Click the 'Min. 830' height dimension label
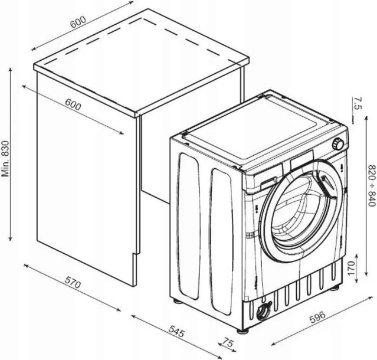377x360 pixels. pyautogui.click(x=5, y=159)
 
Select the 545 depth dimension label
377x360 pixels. pyautogui.click(x=177, y=331)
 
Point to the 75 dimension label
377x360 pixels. pyautogui.click(x=228, y=343)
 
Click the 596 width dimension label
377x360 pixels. pyautogui.click(x=317, y=317)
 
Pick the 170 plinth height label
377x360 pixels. pyautogui.click(x=351, y=268)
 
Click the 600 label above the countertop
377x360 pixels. pyautogui.click(x=78, y=22)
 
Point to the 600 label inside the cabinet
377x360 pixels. pyautogui.click(x=73, y=105)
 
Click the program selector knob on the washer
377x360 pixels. pyautogui.click(x=337, y=144)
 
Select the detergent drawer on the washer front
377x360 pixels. pyautogui.click(x=268, y=184)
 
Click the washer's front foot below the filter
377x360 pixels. pyautogui.click(x=242, y=331)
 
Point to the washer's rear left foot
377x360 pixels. pyautogui.click(x=178, y=300)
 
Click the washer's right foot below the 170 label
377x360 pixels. pyautogui.click(x=335, y=287)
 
